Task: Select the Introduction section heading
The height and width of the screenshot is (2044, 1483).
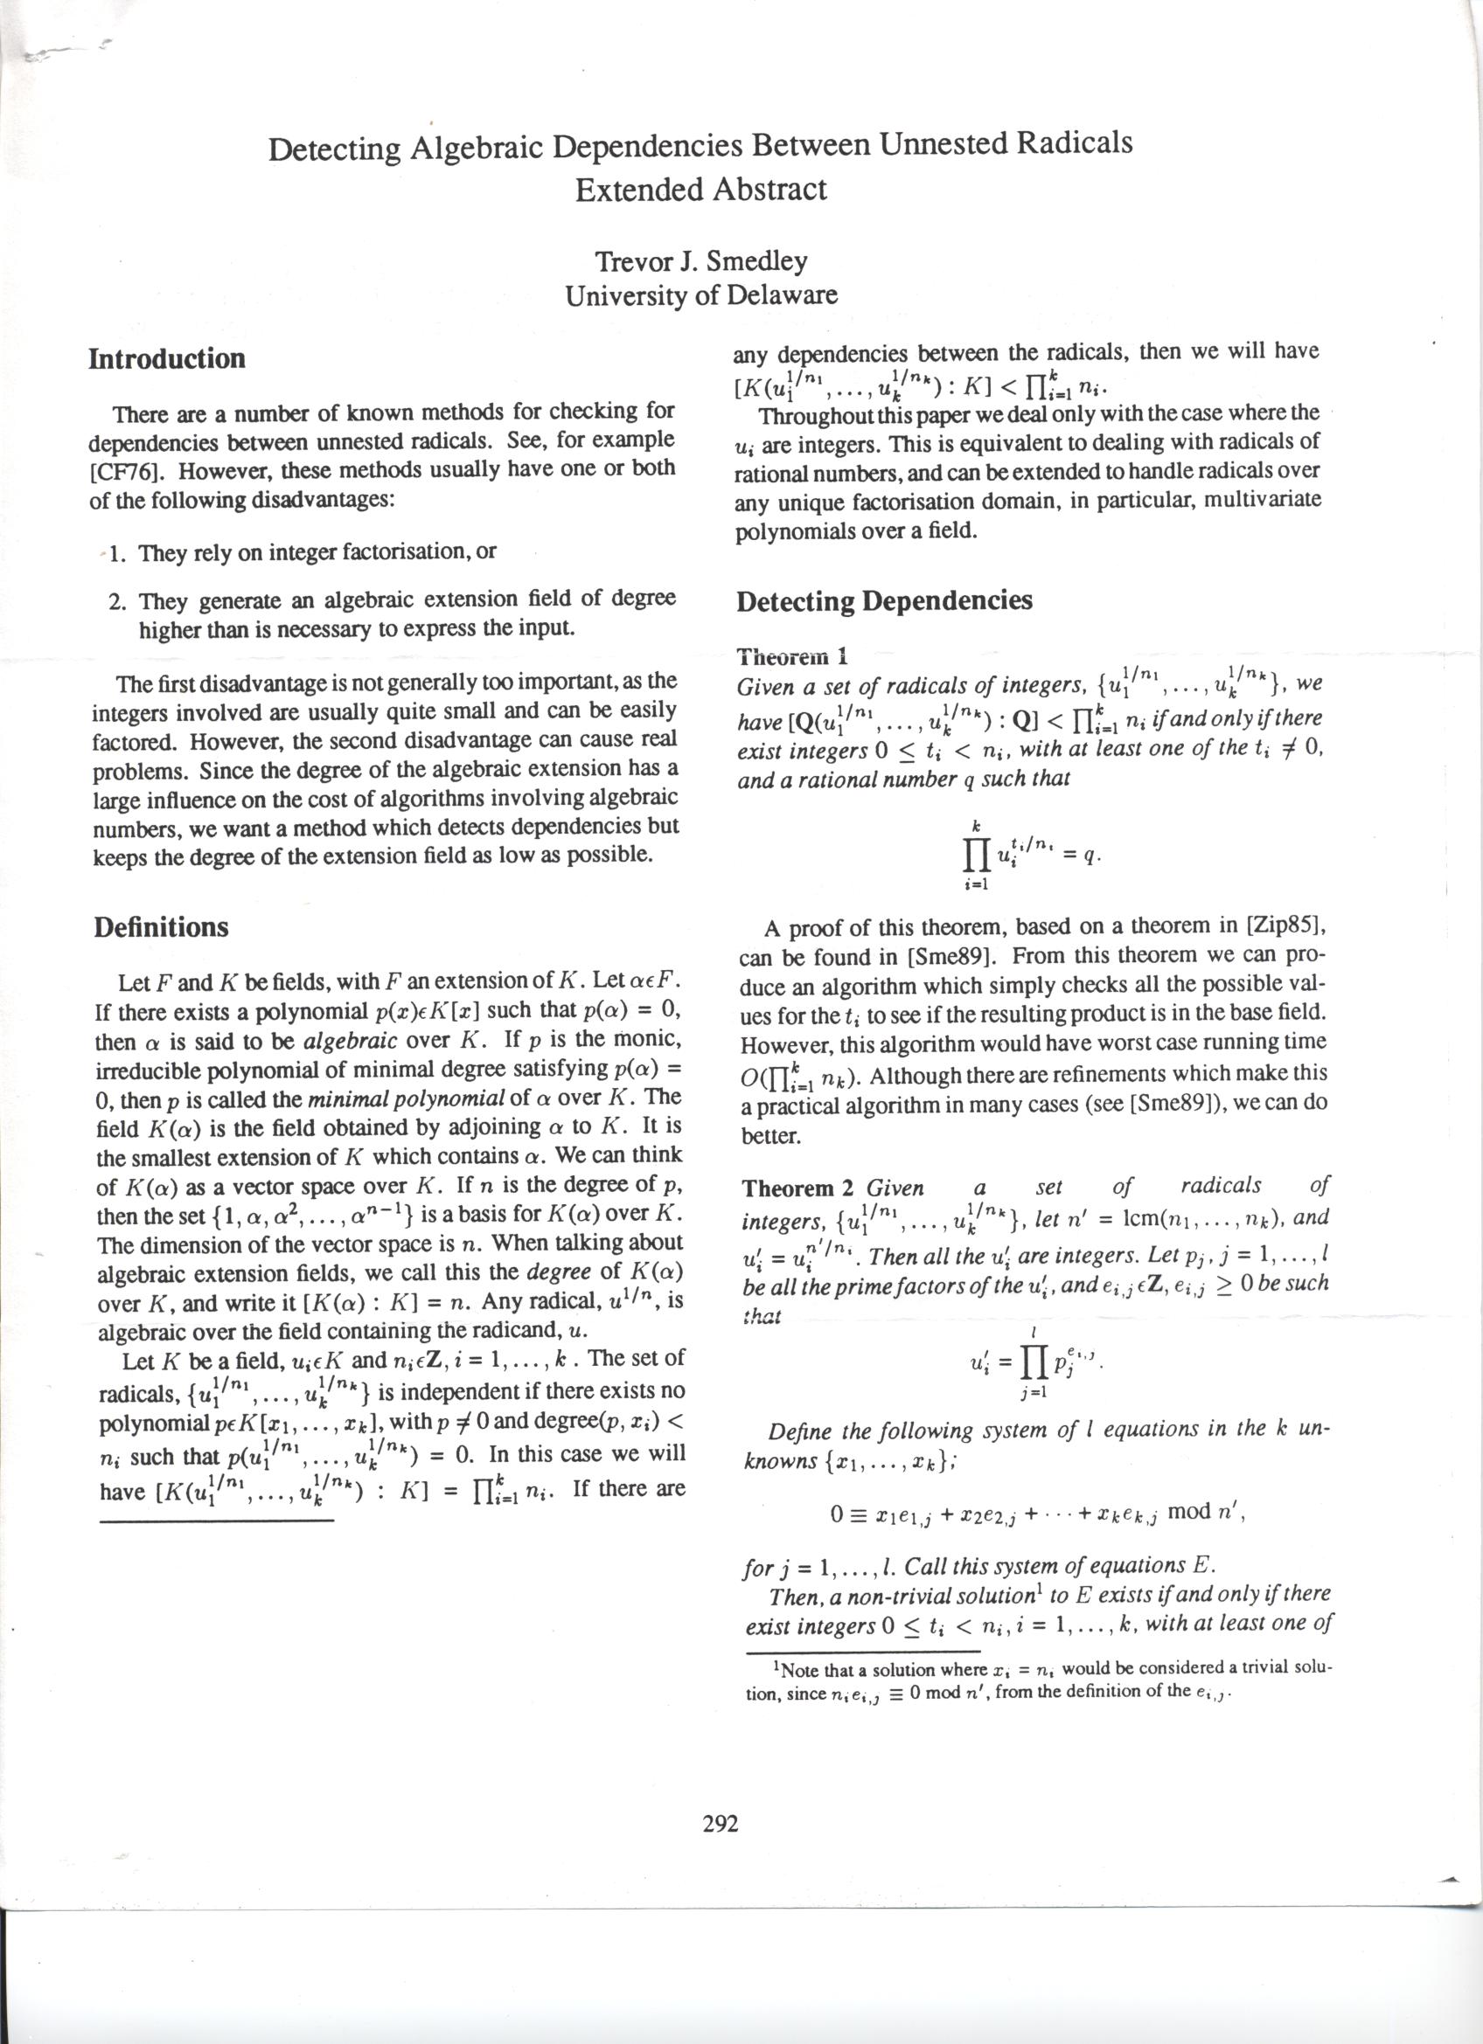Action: point(167,358)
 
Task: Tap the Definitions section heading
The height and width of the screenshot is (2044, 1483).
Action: point(162,927)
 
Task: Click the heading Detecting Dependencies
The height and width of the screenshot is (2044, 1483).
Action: point(883,601)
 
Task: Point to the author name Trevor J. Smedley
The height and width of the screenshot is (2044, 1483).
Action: point(700,261)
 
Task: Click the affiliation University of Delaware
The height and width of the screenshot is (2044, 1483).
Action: point(700,294)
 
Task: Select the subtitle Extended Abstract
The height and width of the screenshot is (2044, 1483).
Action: point(700,190)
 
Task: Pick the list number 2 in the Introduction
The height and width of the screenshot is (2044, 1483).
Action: point(116,601)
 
